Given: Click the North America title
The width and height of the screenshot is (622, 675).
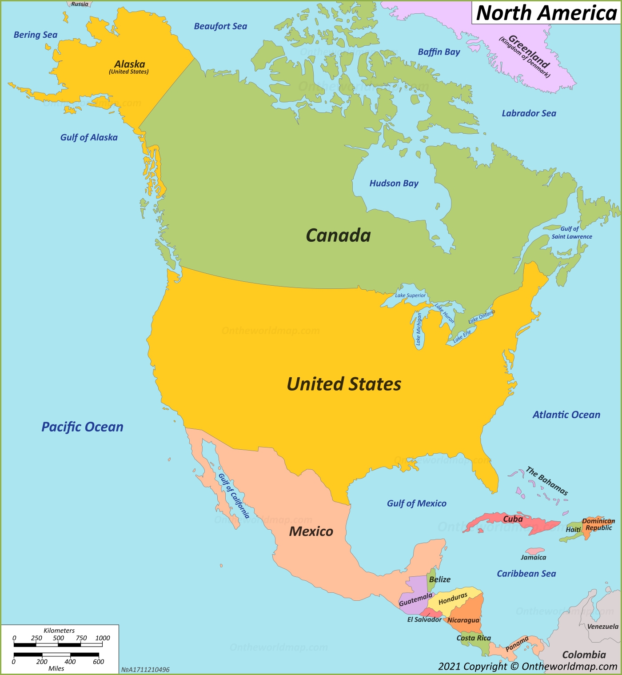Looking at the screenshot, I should point(546,13).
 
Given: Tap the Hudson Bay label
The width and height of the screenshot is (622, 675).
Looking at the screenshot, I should point(394,183).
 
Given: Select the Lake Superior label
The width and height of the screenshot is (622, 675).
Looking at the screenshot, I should point(410,296).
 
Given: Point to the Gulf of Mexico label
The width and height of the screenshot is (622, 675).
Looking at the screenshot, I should point(416,503).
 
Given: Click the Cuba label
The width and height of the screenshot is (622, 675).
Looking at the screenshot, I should point(513,519).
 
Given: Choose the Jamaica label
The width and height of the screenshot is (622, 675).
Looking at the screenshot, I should point(533,557).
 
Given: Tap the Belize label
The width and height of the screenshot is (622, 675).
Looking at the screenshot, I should point(440,579).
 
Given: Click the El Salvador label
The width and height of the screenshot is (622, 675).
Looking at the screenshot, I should point(424,619).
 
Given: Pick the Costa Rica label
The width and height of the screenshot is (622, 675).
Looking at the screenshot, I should point(474,638).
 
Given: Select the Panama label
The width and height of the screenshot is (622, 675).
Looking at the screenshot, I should point(517,643).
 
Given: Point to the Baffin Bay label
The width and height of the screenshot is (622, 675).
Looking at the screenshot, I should point(439,52).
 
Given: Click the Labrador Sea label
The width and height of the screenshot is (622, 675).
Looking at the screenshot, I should point(529,113).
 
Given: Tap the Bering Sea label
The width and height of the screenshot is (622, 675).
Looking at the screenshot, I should point(36,35).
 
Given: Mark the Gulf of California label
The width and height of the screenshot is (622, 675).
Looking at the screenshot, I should point(234,496).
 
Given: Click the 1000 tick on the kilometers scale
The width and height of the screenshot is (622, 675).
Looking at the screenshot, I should point(102,638).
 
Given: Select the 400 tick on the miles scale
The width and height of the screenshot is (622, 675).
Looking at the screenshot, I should point(70,661).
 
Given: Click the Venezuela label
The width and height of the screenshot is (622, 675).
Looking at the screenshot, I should point(602,627).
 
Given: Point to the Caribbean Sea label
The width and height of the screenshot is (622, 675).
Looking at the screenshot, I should point(526,574).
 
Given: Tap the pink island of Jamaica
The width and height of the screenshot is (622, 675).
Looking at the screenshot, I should point(534,551).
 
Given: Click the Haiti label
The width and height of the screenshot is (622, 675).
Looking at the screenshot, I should point(573,529).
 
